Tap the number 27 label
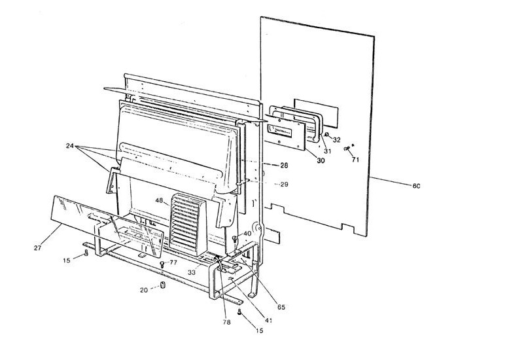click(38, 247)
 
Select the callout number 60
click(415, 186)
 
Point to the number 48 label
click(159, 200)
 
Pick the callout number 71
click(356, 159)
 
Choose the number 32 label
click(336, 139)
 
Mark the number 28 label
click(284, 165)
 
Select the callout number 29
click(284, 184)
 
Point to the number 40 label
click(247, 234)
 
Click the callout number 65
click(281, 306)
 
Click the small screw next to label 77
click(162, 263)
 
